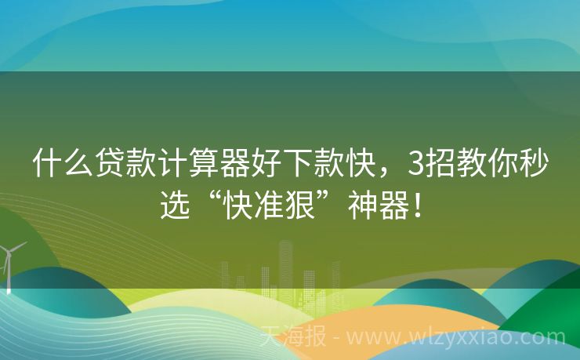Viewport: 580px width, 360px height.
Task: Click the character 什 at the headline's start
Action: coord(47,165)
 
